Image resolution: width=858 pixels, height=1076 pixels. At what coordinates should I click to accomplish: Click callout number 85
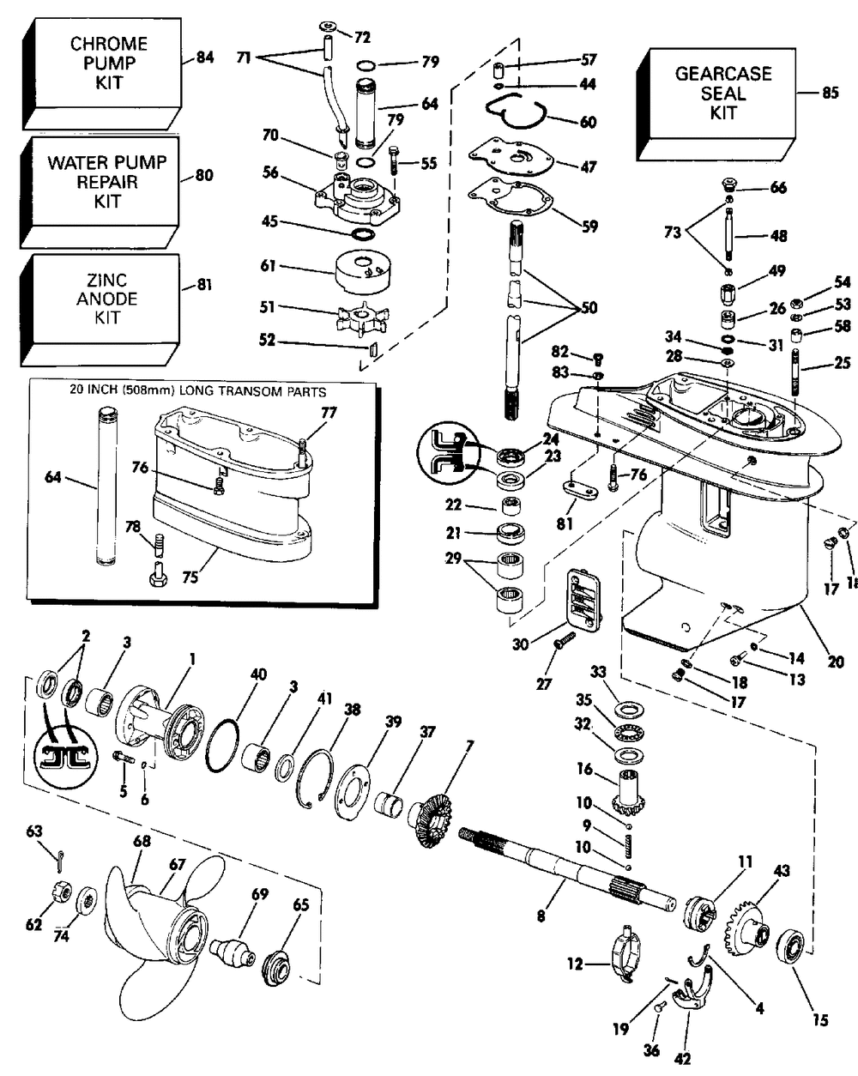pos(830,94)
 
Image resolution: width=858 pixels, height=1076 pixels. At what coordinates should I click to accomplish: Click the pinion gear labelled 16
pos(631,791)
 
